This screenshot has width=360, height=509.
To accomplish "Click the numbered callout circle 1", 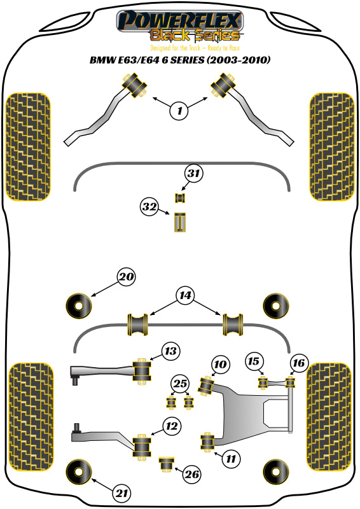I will click(179, 111).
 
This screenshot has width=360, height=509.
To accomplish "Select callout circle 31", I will click(195, 173).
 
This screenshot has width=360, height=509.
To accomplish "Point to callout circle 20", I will click(126, 277).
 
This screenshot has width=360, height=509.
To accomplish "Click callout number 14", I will click(185, 295).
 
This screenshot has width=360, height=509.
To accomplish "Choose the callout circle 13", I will click(170, 351).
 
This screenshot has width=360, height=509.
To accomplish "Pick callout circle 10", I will click(220, 365).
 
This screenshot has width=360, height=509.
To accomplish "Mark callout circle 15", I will click(254, 362).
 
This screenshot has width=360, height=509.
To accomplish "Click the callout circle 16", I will click(298, 363).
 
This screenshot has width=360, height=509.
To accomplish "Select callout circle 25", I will click(180, 384).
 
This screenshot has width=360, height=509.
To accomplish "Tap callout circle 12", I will click(170, 426).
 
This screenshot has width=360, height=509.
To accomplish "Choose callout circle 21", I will click(121, 492).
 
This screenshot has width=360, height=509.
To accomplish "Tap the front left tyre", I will click(27, 146).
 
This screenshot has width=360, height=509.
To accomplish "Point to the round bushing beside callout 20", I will click(80, 306).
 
